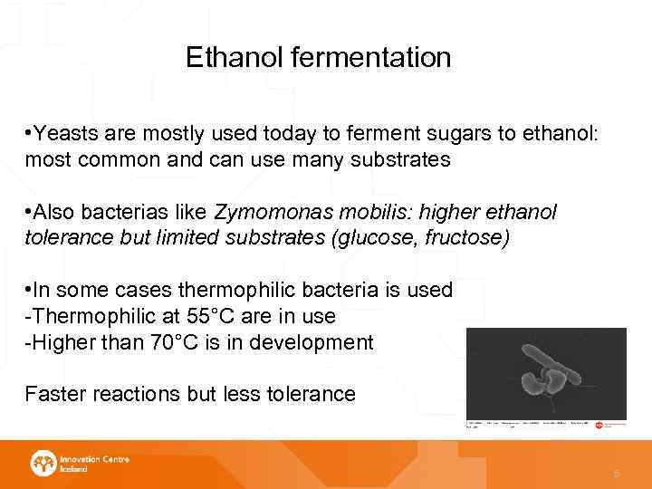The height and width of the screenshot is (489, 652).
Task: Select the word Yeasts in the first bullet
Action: point(64,135)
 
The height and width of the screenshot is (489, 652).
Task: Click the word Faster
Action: point(53,394)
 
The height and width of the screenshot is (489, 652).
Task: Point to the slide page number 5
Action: point(617,473)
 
